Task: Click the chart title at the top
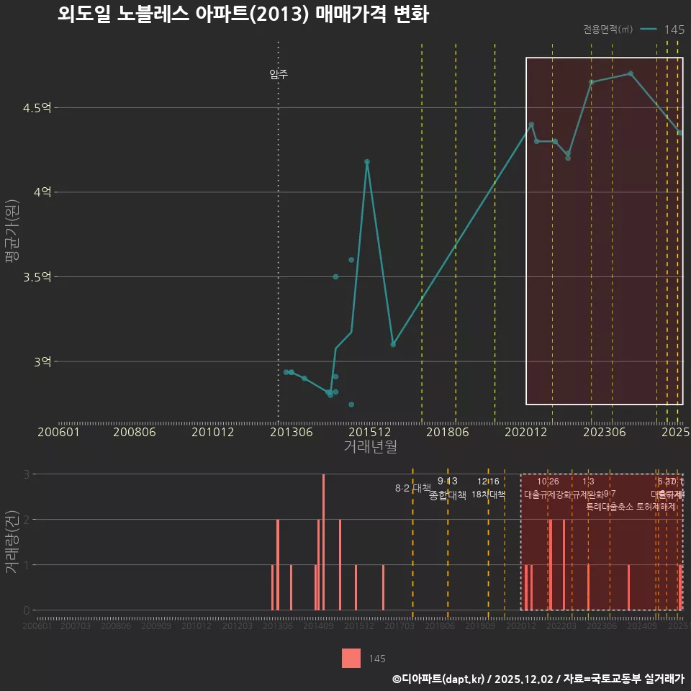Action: coord(243,15)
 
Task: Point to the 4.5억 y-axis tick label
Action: coord(37,108)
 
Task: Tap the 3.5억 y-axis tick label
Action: coord(37,277)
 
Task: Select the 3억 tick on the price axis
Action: coord(42,361)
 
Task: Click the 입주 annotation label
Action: coord(279,74)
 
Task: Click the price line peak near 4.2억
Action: coord(366,162)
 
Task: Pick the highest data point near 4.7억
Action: coord(631,73)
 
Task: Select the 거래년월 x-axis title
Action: coord(370,447)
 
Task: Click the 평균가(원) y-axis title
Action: coord(12,235)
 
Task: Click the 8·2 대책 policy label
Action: coord(412,488)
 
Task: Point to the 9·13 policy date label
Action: coord(447,482)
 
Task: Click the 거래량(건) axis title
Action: coord(12,541)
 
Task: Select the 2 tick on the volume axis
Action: coord(27,519)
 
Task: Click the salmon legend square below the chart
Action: coord(351,658)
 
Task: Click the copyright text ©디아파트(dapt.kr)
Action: coord(440,679)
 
